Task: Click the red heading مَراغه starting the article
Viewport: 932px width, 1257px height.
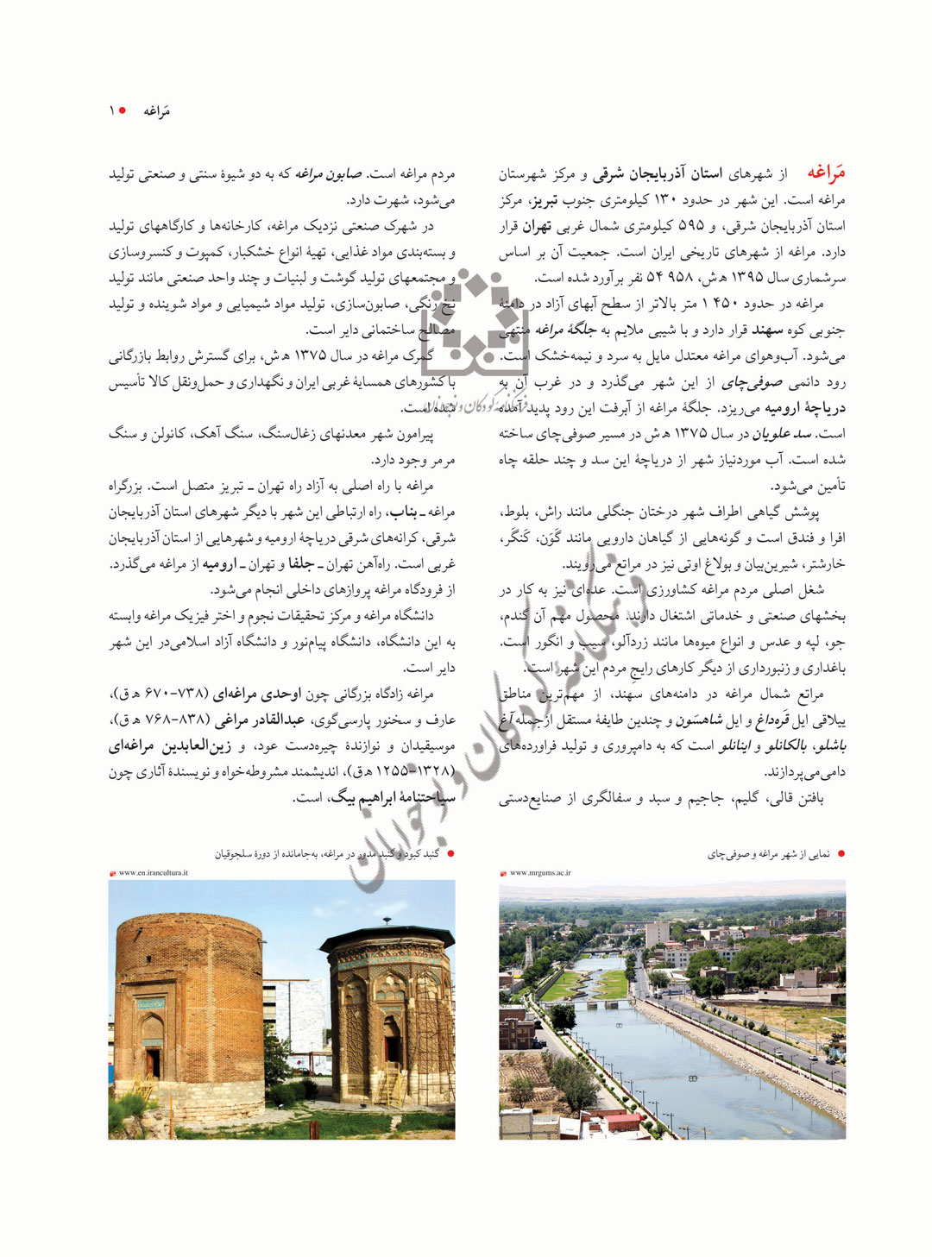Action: coord(826,173)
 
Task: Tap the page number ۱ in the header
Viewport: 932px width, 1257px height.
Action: coord(112,110)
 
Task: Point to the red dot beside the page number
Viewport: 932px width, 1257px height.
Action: coord(123,110)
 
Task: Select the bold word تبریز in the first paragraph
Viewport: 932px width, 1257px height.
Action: coord(543,200)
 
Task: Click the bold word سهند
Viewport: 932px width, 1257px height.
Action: coord(766,330)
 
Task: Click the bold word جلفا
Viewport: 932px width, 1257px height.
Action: coord(300,564)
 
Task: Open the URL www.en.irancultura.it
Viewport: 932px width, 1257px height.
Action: coord(153,873)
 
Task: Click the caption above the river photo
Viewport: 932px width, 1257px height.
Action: coord(768,854)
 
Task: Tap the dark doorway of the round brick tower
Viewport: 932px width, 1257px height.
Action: coord(154,1063)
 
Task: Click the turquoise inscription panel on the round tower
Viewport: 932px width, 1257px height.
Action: coord(150,1005)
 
